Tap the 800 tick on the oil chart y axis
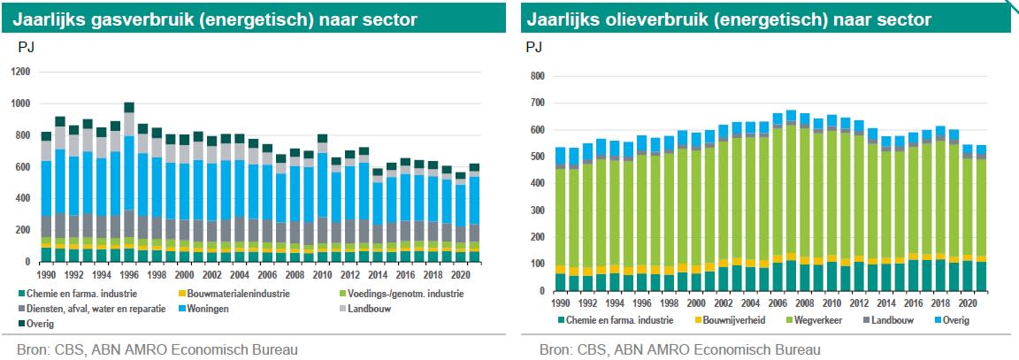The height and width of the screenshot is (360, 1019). (535, 76)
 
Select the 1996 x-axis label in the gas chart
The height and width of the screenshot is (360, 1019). (129, 274)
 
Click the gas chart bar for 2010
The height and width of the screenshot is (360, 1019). (323, 195)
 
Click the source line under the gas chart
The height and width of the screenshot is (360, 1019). (150, 349)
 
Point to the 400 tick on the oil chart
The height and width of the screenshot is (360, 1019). (535, 183)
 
